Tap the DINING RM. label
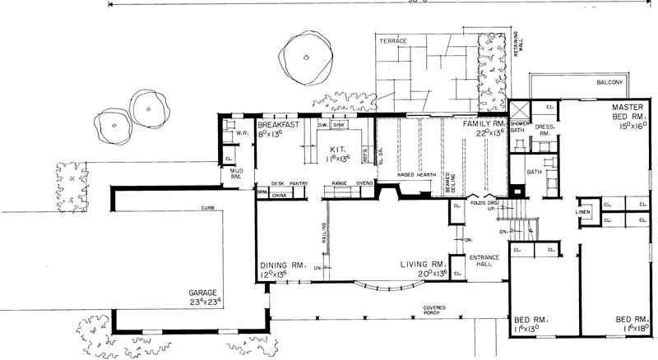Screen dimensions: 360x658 coord(283,265)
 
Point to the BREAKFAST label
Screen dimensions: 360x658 coord(278,122)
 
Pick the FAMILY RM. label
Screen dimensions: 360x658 coord(481,122)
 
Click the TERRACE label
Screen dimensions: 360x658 coord(393,40)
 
